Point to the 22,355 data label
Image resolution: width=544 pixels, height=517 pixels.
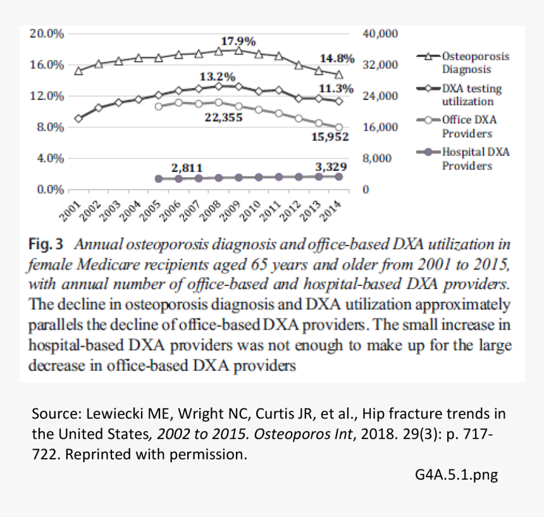coord(223,117)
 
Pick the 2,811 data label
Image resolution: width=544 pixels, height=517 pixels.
coord(187,168)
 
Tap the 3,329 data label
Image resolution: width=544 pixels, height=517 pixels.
coord(331,166)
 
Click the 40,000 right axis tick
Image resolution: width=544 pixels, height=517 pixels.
coord(380,34)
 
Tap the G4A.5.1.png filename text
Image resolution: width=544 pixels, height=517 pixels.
coord(452,475)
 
